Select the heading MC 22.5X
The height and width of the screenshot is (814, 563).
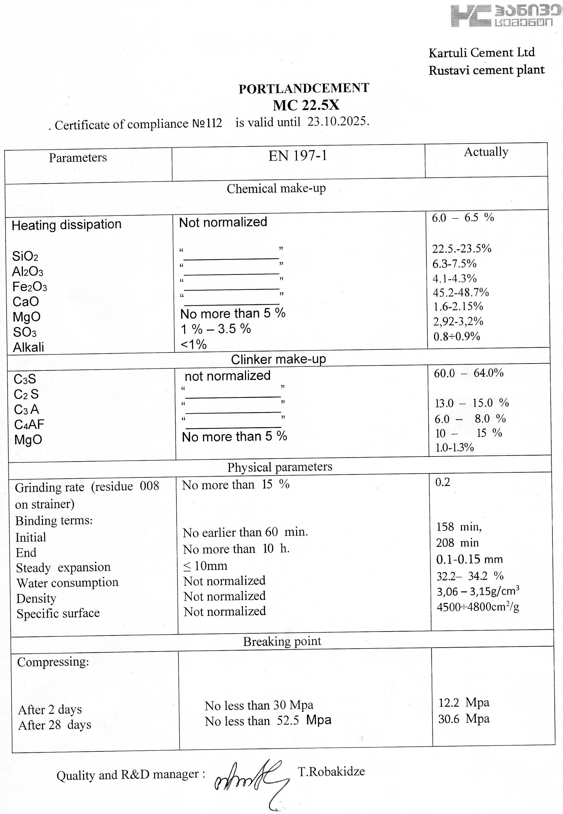(306, 105)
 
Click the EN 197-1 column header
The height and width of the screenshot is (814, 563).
(298, 156)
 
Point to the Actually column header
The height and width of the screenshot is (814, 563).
(486, 152)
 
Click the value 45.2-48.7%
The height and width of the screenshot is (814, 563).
(461, 292)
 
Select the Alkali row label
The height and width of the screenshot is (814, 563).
(28, 348)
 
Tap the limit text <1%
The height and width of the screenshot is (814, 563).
(193, 344)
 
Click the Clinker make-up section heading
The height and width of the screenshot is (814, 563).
(278, 359)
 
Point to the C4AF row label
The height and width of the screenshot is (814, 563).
(29, 425)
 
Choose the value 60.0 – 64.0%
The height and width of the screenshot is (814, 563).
(468, 373)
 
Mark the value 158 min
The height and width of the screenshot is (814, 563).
(459, 527)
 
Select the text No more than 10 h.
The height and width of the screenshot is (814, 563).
(236, 549)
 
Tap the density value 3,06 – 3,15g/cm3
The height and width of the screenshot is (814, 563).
(478, 591)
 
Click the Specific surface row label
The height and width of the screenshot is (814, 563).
(58, 614)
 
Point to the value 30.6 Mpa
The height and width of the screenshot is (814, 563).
(464, 719)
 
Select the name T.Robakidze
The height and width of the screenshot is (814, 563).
(331, 772)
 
